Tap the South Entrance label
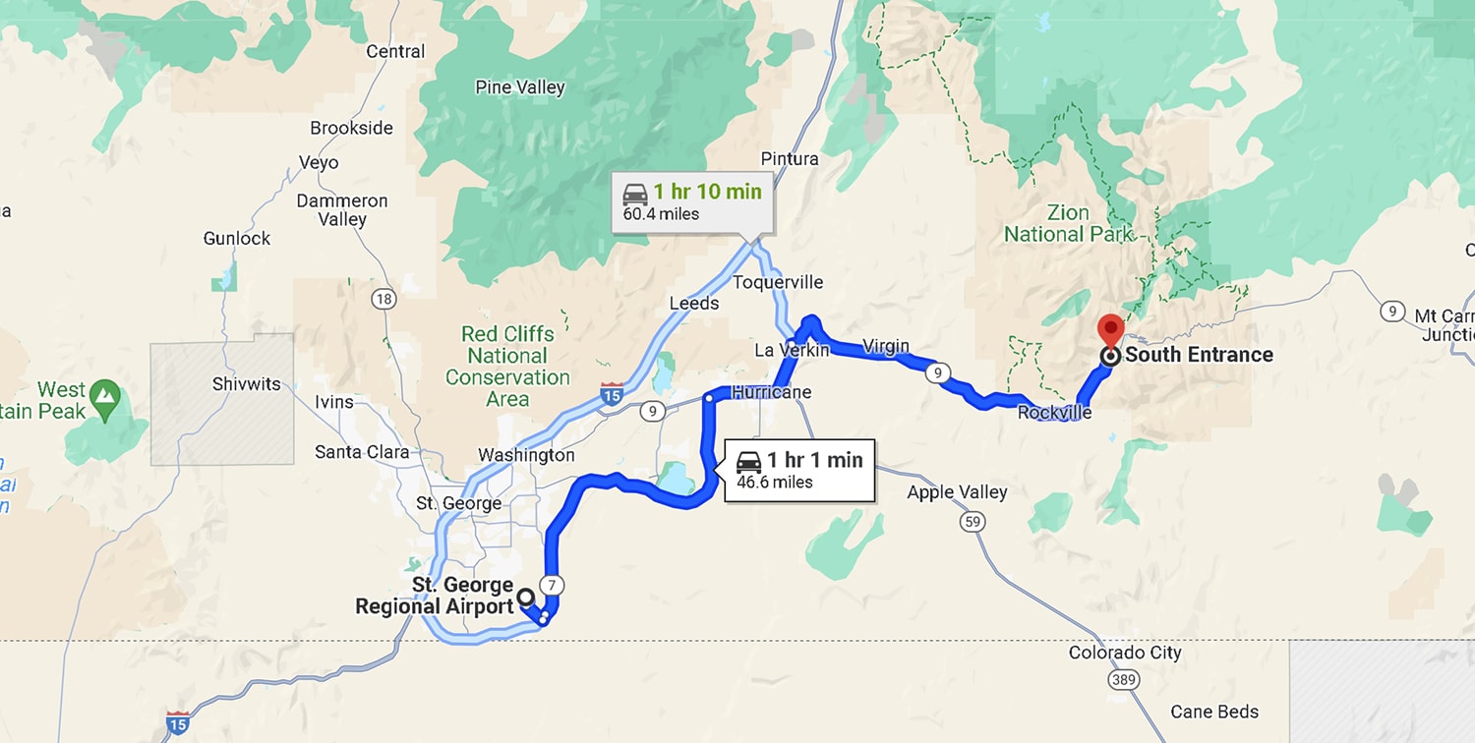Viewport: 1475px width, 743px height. pos(1199,355)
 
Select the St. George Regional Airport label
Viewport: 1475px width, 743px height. pos(435,597)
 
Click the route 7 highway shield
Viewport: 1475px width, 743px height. pos(553,586)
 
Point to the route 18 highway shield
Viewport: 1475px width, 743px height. pos(383,299)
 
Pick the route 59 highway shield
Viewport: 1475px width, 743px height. pos(973,522)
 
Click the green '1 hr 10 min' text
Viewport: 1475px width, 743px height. pos(707,192)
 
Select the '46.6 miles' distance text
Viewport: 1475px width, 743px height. pos(775,482)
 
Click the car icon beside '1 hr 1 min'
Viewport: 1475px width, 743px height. pos(749,461)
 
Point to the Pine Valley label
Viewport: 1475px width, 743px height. pos(520,87)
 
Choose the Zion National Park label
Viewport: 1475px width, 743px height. pos(1068,224)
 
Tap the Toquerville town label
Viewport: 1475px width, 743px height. pos(778,283)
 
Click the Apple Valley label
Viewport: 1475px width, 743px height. pos(957,491)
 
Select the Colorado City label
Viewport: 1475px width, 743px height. pos(1125,653)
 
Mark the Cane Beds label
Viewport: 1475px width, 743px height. pos(1214,712)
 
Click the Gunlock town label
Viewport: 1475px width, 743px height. pos(237,238)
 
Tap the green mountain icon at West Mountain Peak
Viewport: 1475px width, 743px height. pos(103,396)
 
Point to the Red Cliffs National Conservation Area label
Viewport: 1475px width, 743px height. pos(507,367)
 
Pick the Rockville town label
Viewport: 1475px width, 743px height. pos(1054,413)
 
